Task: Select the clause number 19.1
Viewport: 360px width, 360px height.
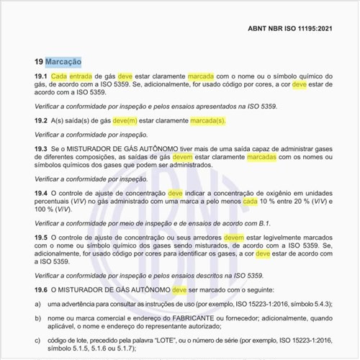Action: [x=41, y=76]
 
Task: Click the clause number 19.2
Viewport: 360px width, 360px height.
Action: [x=41, y=120]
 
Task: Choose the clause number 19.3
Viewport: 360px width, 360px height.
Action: [x=41, y=148]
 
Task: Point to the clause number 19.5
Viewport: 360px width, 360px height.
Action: [x=41, y=237]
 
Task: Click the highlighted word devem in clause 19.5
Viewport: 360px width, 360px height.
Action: [x=234, y=237]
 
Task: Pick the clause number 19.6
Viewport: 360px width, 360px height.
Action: [x=41, y=289]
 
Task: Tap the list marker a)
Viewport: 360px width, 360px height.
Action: [x=38, y=304]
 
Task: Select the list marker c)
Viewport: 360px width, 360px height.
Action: [x=38, y=343]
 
